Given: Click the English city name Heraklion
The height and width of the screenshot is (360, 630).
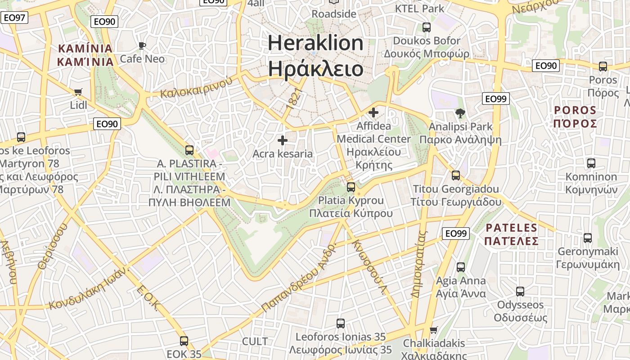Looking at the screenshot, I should coord(315,43).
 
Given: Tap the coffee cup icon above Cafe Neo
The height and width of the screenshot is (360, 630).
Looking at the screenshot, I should coord(142,45).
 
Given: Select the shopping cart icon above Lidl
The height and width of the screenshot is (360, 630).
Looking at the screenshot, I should coord(78,92).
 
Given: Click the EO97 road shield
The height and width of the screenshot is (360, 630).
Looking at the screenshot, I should coord(14,18).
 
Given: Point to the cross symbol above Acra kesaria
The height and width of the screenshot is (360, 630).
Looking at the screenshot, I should coord(283,140).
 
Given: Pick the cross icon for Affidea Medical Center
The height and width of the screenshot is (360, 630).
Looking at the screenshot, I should coord(373,112).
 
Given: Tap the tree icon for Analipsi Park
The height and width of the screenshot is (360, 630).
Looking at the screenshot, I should coord(460,113).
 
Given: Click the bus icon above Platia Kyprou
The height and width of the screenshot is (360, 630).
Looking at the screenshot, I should coord(351,187).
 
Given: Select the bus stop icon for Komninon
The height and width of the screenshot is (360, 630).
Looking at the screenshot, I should coord(591,163).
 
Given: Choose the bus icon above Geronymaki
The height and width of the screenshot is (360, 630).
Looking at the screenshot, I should coord(588,238).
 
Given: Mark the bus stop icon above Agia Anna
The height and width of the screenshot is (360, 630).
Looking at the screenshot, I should coord(461,267).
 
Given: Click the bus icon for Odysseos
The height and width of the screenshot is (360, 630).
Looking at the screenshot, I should coord(520,291).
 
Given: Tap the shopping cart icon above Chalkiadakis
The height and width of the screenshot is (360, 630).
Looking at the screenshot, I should coord(434,330).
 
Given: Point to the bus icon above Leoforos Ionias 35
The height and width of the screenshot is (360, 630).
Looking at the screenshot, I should coord(341,323).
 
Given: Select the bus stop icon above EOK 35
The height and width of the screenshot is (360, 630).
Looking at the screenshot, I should coord(184,341).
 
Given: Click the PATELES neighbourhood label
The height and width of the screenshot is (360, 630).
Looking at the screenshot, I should coord(512,228).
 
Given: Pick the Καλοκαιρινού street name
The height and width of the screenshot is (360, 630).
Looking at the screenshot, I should coord(196,87).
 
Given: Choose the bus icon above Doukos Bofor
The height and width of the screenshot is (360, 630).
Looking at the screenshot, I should coord(427,27).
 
